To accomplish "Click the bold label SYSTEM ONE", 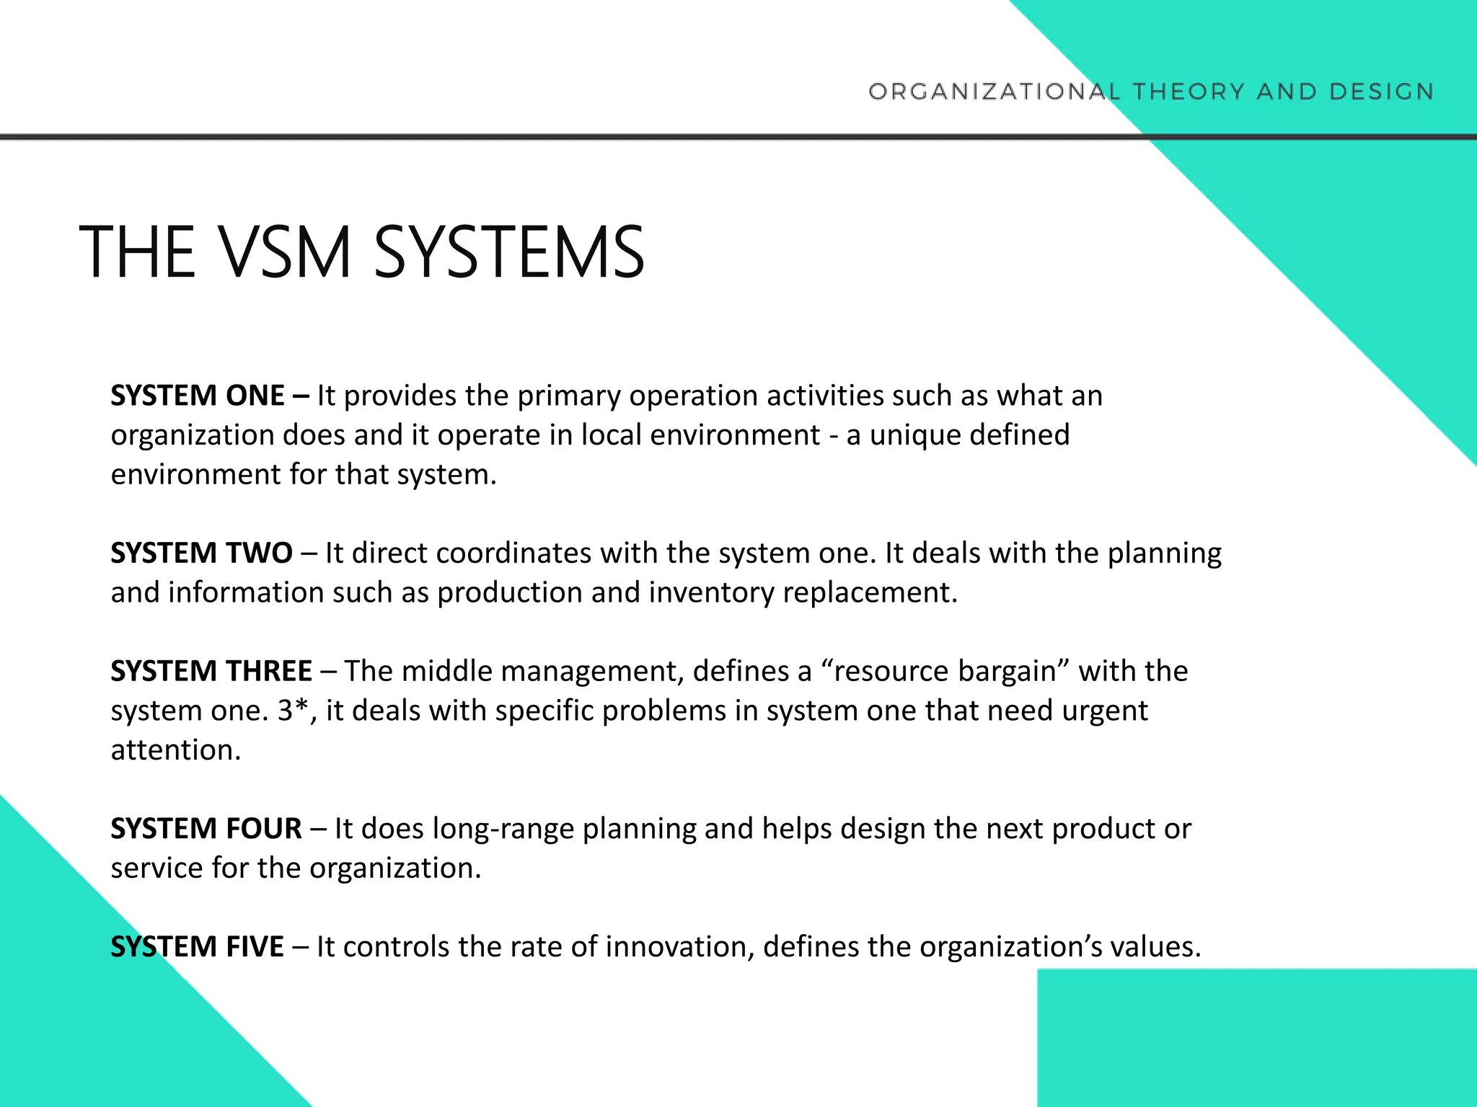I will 198,396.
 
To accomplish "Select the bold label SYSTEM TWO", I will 201,553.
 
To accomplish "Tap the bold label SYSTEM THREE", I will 211,671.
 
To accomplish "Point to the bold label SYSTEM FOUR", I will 206,829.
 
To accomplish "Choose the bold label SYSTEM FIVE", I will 197,946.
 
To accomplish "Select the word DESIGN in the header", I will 1382,92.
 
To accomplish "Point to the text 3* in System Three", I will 294,711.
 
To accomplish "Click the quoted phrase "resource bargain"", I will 946,671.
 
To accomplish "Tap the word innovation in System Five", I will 679,946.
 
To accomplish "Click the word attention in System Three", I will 175,750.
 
